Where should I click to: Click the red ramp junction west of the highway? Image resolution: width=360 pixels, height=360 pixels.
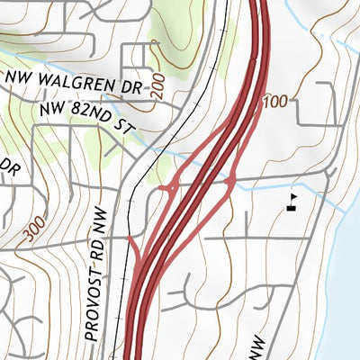[x=167, y=188]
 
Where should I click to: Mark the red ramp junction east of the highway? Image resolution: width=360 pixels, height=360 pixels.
[x=231, y=183]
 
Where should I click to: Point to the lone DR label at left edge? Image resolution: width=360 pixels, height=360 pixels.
[x=11, y=166]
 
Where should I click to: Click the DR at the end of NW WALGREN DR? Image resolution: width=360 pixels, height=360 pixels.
[x=131, y=89]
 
